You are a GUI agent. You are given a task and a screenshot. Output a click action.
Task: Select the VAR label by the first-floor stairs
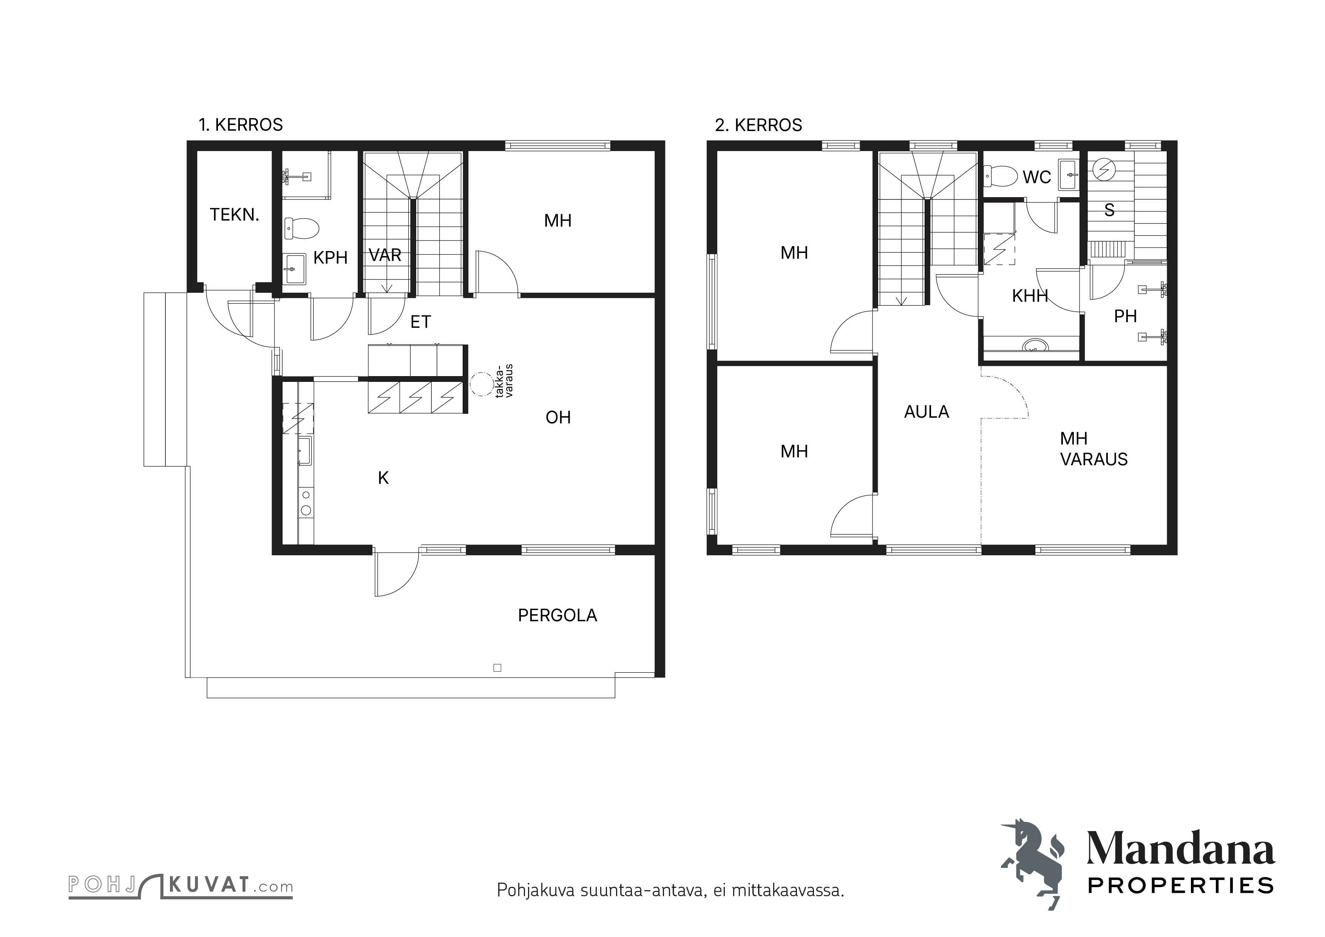385,255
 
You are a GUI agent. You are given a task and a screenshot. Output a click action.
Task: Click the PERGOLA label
557,616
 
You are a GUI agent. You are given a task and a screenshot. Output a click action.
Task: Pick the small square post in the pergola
497,668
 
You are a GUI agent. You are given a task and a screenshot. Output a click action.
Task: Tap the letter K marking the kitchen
383,478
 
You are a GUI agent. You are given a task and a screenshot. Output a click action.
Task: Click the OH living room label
558,417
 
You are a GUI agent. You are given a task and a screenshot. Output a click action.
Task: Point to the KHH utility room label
1030,296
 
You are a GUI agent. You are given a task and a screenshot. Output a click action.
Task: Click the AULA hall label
926,412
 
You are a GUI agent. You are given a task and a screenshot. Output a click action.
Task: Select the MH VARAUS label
1093,449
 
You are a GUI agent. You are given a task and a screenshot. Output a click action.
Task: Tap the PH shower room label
1125,316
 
